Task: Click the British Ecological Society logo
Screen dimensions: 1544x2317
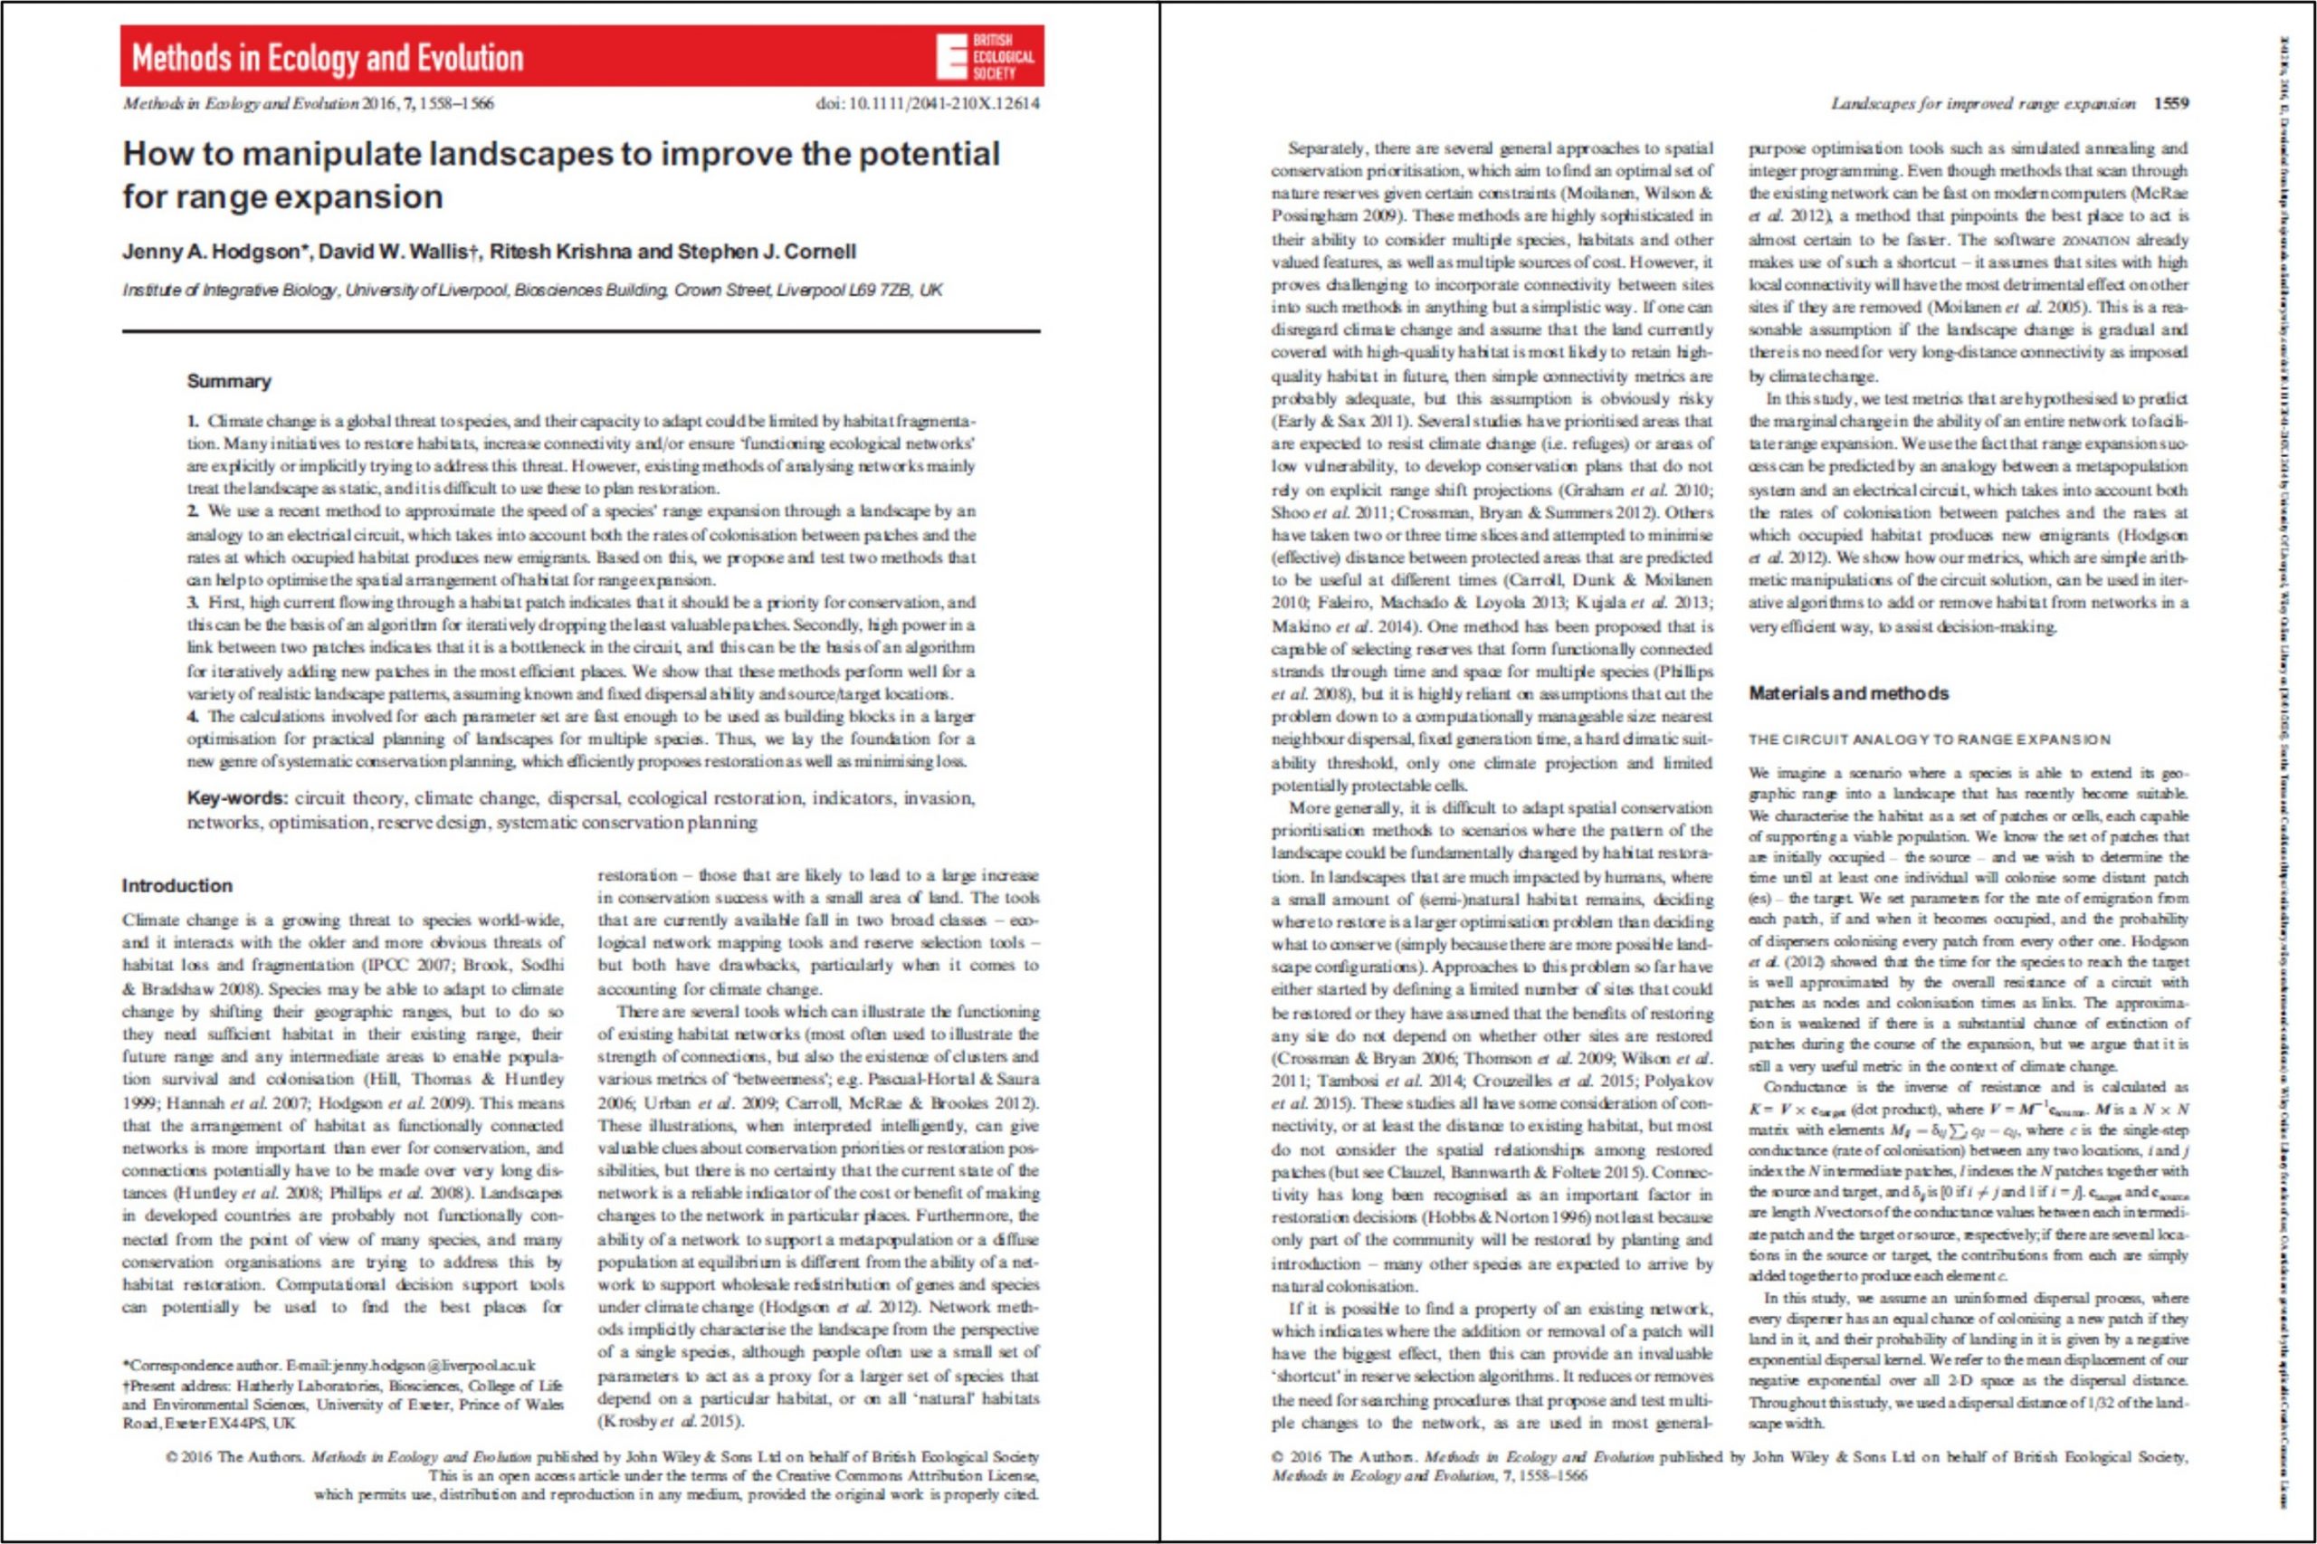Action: point(985,57)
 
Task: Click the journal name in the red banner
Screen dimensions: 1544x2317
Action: point(327,58)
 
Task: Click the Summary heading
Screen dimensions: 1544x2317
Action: point(228,381)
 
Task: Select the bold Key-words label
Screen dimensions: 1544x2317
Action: point(237,797)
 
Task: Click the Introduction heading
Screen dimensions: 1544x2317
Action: point(177,885)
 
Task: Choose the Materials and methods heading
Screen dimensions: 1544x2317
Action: point(1848,693)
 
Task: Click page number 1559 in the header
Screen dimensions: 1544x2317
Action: point(2172,103)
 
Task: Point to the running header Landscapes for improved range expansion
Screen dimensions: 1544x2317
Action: point(1983,103)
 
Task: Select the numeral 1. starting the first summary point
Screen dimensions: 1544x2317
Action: point(194,422)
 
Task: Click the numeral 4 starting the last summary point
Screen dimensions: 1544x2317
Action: point(193,717)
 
